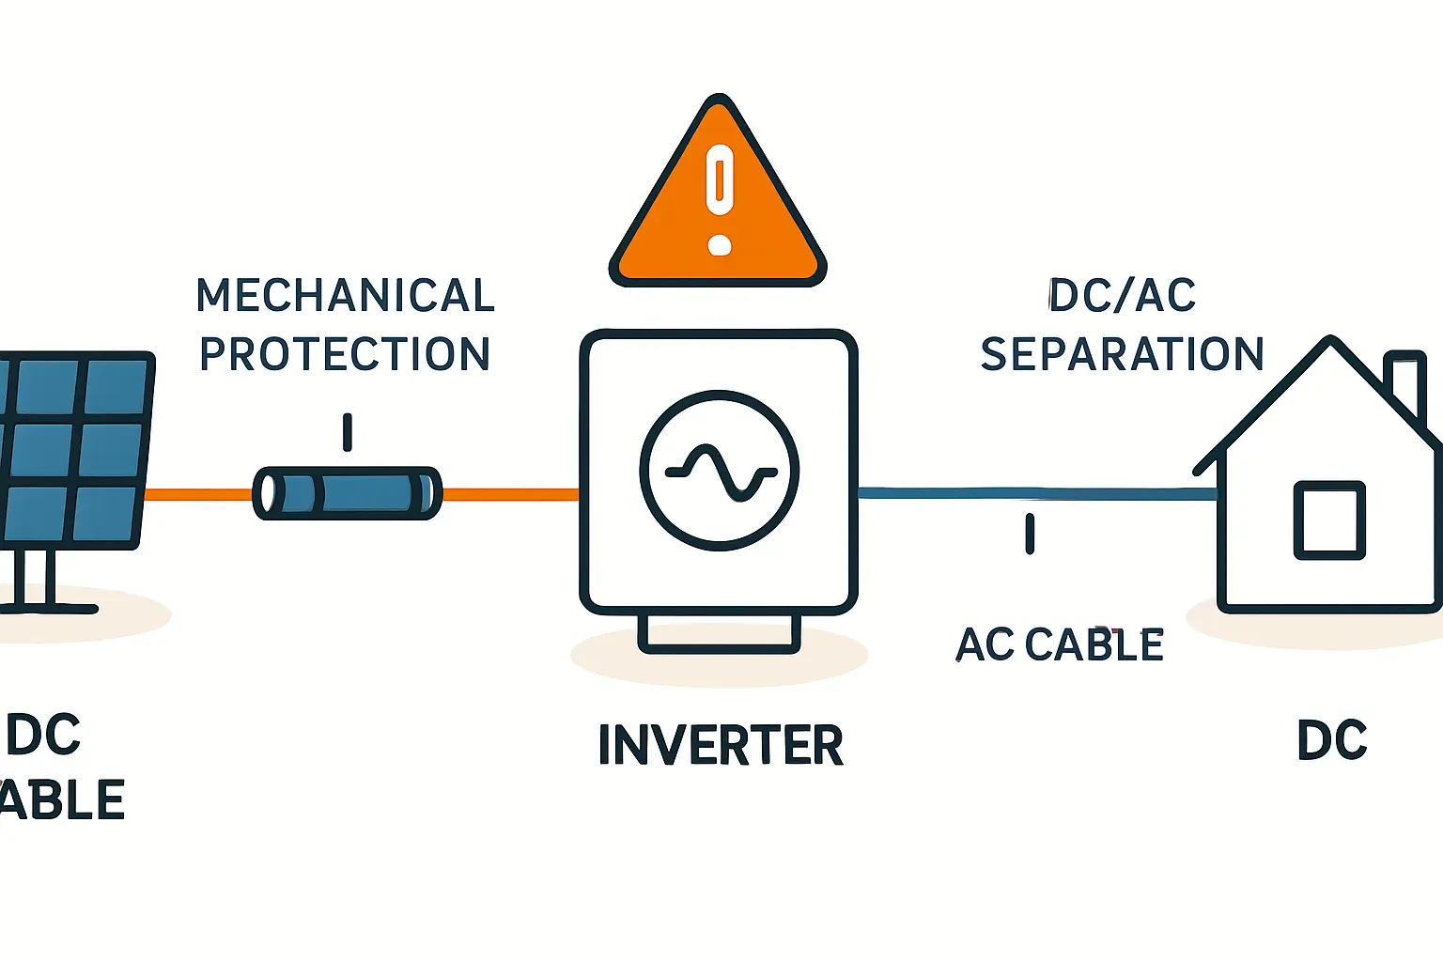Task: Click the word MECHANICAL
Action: [345, 296]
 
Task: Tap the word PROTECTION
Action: [345, 355]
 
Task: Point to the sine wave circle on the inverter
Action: [720, 470]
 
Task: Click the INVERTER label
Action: [721, 745]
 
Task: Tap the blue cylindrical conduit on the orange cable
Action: [348, 493]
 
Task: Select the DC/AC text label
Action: [1122, 296]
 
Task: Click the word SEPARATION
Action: [1122, 355]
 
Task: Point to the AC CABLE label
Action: [1060, 645]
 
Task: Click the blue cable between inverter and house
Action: [1033, 493]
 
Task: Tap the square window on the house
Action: [1329, 520]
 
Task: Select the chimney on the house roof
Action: [1405, 380]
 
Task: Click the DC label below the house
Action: [1331, 741]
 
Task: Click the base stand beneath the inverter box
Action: [720, 633]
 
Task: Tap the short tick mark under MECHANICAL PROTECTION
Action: [348, 432]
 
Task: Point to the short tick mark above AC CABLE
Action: [1030, 534]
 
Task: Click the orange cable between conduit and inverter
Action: [510, 494]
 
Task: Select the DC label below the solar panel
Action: [44, 736]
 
